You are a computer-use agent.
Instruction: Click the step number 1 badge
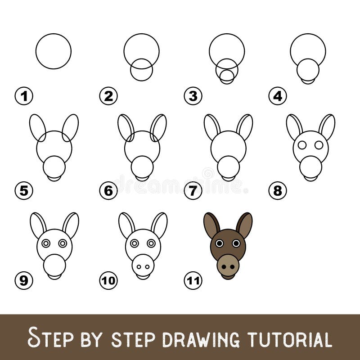click(x=24, y=96)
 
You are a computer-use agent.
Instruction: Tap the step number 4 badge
click(x=278, y=96)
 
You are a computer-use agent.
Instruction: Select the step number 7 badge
click(x=193, y=191)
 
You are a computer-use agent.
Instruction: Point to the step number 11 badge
click(x=193, y=281)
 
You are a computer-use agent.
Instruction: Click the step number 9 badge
click(x=24, y=281)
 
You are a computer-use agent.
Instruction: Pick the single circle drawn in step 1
click(x=54, y=51)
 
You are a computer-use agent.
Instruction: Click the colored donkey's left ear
click(x=211, y=225)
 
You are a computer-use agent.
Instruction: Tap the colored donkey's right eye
click(x=236, y=243)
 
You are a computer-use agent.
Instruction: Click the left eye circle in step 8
click(x=302, y=145)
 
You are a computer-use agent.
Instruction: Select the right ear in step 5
click(x=70, y=127)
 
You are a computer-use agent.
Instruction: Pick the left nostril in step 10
click(x=139, y=267)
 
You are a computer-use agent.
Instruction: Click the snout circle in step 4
click(x=308, y=70)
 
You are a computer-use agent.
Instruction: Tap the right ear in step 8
click(x=327, y=126)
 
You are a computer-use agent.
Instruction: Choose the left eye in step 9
click(x=45, y=243)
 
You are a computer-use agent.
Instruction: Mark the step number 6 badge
click(x=108, y=191)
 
